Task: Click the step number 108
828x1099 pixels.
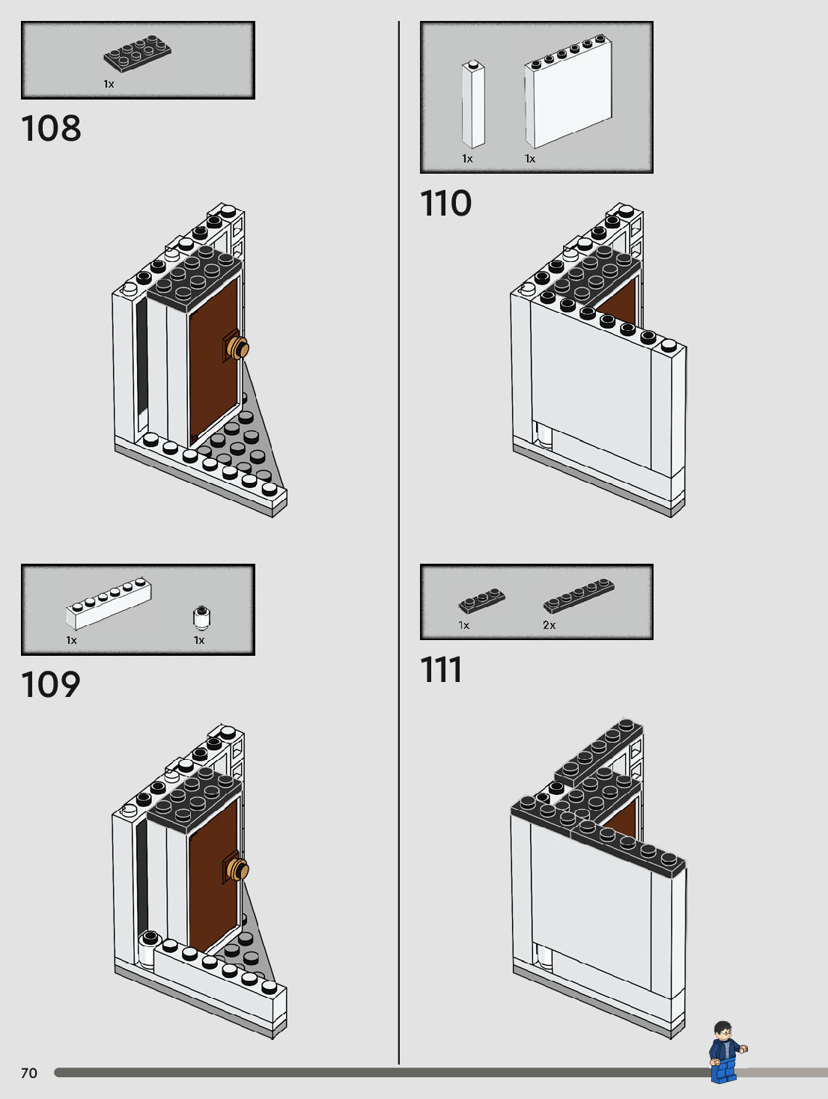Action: (51, 129)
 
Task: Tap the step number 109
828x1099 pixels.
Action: (51, 685)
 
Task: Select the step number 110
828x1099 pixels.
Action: (446, 204)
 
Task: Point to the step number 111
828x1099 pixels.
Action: (441, 670)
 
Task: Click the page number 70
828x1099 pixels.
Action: (29, 1074)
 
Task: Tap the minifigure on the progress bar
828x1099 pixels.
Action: (725, 1053)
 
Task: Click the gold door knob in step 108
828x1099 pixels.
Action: (239, 348)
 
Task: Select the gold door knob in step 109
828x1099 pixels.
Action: (239, 870)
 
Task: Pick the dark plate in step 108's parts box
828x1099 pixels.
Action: (138, 54)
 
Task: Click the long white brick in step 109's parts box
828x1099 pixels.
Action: (109, 603)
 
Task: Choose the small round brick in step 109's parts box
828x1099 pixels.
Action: (201, 618)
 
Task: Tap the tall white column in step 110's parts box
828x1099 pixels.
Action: (473, 105)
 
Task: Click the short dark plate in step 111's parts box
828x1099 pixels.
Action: (481, 601)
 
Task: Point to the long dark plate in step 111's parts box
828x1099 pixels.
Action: (579, 596)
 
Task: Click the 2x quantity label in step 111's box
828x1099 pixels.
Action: (550, 625)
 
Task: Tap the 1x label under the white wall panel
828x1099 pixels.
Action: (530, 159)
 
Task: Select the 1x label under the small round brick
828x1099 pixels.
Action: (199, 640)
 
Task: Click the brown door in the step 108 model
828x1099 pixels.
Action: (214, 359)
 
